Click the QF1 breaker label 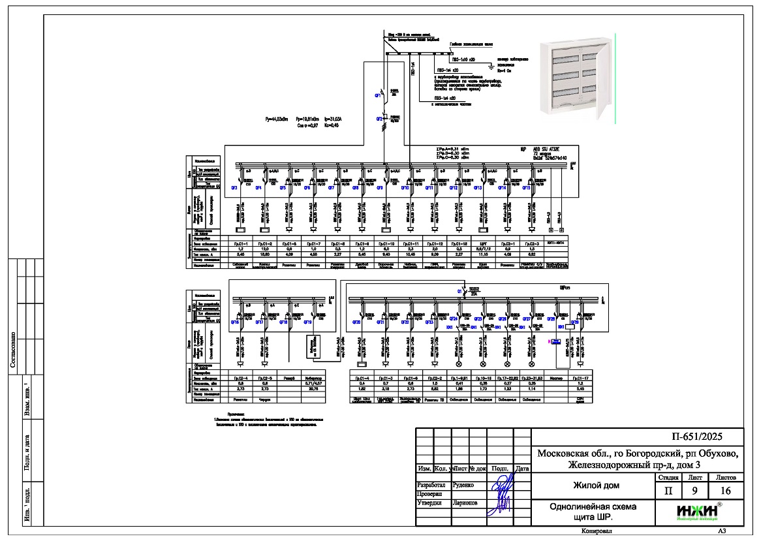(x=377, y=96)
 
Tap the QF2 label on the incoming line (x=378, y=119)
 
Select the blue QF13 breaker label (x=477, y=188)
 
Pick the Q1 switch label (x=459, y=290)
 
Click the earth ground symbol (x=491, y=65)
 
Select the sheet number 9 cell (x=685, y=491)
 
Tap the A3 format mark (x=722, y=532)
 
